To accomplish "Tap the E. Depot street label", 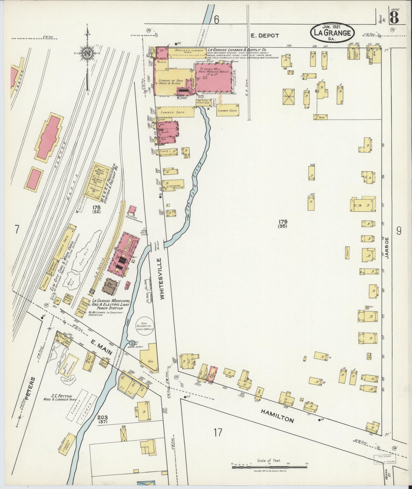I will (264, 36).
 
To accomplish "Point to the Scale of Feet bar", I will (269, 467).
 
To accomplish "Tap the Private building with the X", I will (289, 96).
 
